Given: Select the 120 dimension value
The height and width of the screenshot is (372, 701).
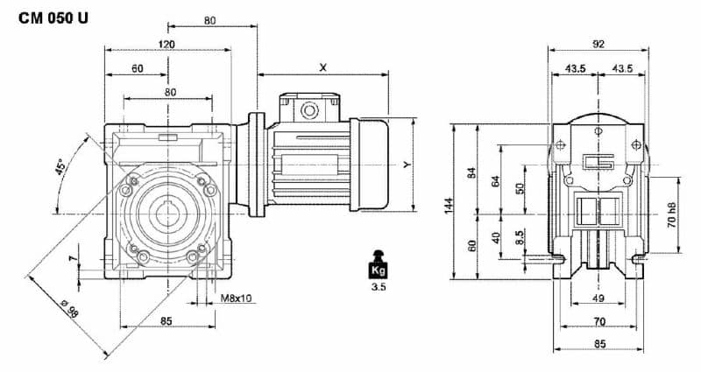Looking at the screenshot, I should click(x=166, y=44).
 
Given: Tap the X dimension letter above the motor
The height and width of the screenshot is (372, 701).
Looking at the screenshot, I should click(x=323, y=67).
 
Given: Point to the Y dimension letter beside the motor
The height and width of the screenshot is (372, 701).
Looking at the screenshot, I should click(x=406, y=164).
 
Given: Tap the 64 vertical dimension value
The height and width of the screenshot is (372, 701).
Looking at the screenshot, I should click(x=496, y=181).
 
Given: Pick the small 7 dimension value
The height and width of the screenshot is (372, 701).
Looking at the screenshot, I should click(x=74, y=260).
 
